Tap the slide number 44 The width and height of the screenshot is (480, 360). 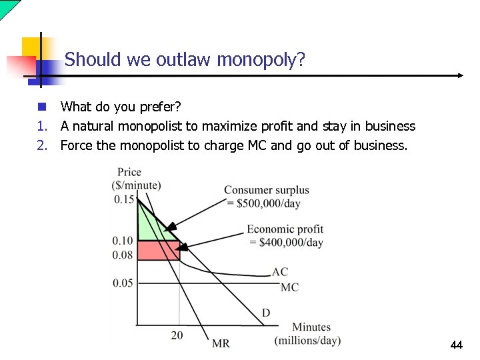(x=456, y=345)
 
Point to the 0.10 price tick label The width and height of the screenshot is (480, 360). (x=123, y=241)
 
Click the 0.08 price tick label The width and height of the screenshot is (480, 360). (x=123, y=255)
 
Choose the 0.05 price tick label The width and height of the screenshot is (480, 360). (x=123, y=283)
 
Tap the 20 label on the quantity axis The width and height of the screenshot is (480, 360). (x=177, y=335)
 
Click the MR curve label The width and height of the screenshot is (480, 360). (x=221, y=343)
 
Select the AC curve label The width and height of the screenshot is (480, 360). (x=280, y=272)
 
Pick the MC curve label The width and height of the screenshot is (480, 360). (x=289, y=287)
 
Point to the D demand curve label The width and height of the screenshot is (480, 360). (x=266, y=313)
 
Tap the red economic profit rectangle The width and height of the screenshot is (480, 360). (x=158, y=251)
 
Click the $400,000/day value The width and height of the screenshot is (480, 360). (x=285, y=242)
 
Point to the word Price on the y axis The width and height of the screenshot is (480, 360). (x=129, y=172)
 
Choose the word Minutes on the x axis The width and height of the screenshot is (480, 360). (x=311, y=327)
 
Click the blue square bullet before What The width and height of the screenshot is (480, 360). (x=41, y=107)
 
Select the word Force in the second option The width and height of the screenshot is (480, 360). (x=77, y=145)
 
